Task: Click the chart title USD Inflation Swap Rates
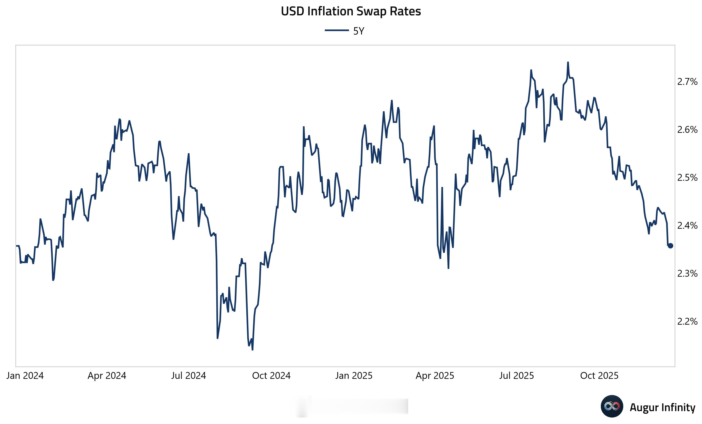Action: coord(351,11)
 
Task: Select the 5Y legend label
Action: coord(359,31)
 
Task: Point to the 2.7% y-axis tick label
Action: coord(687,82)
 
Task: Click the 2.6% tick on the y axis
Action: coord(687,130)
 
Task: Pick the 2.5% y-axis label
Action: coord(687,178)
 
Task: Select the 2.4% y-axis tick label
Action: coord(687,226)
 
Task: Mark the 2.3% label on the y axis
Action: coord(687,273)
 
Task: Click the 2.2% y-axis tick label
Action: coord(687,322)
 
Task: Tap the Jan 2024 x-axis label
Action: coord(25,376)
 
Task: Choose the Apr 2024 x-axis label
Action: coord(107,376)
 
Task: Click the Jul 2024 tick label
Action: coord(189,376)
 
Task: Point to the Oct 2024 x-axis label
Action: coord(271,376)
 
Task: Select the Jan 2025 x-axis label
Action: coord(354,376)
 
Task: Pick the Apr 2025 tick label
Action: coord(435,376)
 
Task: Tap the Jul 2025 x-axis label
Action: coord(517,376)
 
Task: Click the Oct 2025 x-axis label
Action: coord(599,376)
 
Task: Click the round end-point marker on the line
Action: coord(670,246)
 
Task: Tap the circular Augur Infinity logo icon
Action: coord(612,406)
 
